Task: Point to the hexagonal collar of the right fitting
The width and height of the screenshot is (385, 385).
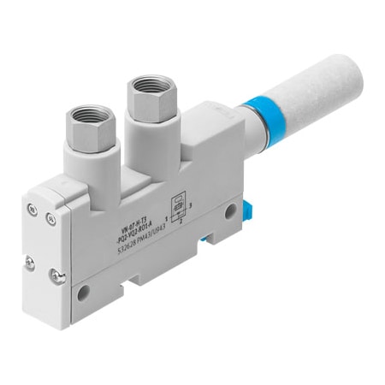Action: coord(145,101)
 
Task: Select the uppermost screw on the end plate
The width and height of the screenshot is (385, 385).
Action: coord(33,204)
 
